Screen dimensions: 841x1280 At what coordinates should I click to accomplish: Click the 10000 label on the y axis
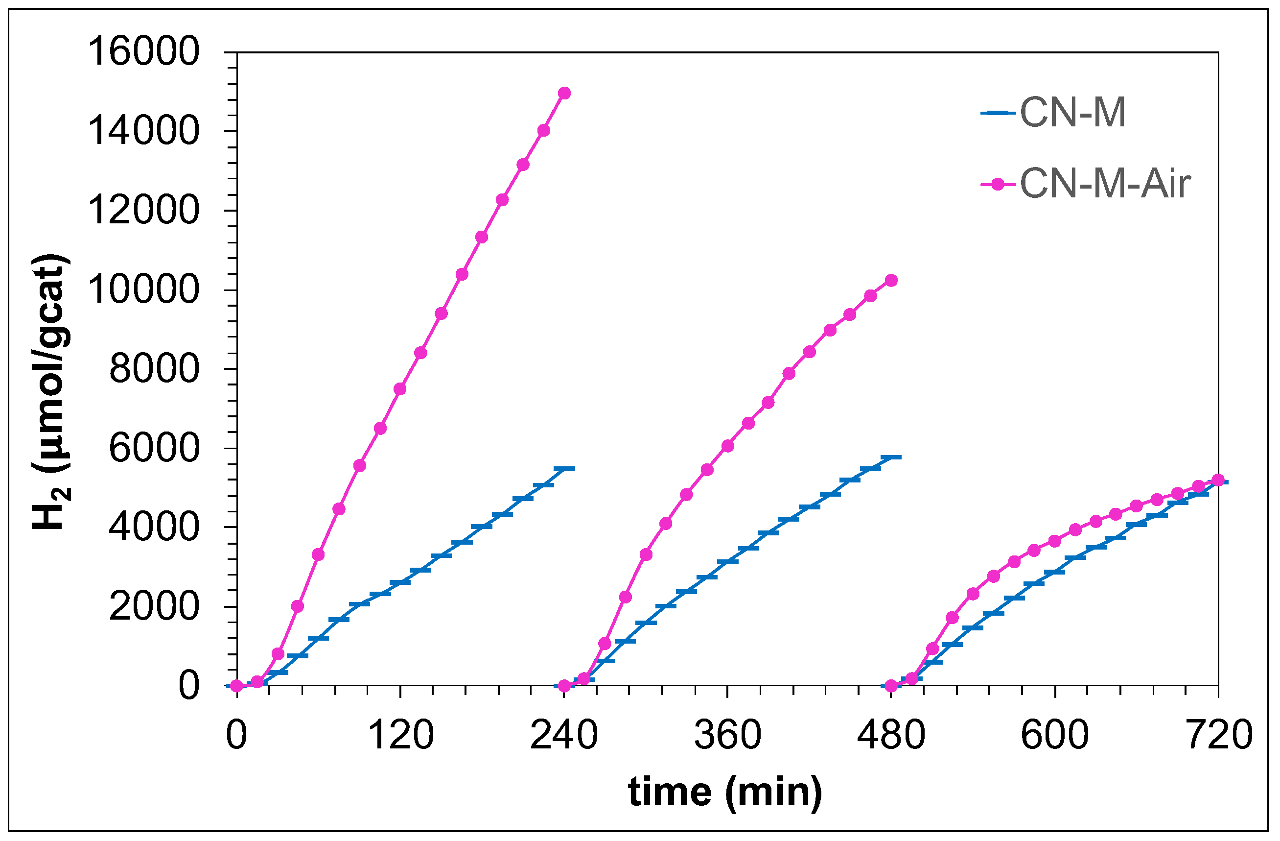pos(143,290)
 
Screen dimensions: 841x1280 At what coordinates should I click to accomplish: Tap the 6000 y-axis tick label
pos(154,448)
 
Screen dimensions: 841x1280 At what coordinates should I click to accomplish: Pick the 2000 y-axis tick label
pos(154,607)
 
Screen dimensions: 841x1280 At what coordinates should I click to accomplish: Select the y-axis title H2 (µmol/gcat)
pos(51,392)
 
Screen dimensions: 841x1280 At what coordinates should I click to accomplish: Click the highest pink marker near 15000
pos(564,93)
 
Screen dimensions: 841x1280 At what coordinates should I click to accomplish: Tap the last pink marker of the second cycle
pos(891,280)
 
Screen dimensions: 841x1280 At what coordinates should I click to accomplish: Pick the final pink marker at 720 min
pos(1218,480)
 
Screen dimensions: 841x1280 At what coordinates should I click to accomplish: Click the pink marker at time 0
pos(236,686)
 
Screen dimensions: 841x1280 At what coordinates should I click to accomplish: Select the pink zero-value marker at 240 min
pos(564,686)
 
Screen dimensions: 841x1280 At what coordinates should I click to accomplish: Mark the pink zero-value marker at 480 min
pos(891,686)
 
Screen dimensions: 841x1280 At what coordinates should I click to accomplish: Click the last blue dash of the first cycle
pos(564,469)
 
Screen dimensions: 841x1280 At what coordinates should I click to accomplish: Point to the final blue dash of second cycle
pos(891,457)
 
